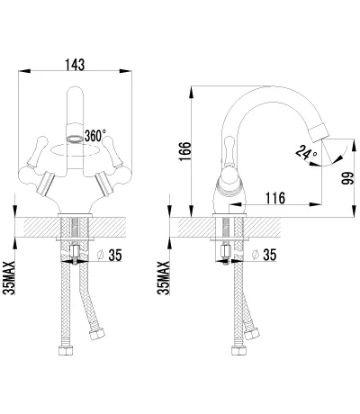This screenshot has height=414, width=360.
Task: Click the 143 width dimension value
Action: coord(75,65)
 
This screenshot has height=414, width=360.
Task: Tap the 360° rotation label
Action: coord(95,136)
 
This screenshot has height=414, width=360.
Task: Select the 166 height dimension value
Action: coord(185,151)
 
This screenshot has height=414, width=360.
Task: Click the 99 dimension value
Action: coord(348,178)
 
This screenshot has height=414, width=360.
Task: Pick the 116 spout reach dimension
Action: coord(275,198)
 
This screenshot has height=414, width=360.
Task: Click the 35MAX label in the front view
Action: coord(9,278)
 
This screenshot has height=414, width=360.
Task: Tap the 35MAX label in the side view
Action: coord(164,278)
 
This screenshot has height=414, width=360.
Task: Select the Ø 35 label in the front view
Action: coord(110,255)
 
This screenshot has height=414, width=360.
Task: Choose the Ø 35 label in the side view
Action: coord(264,255)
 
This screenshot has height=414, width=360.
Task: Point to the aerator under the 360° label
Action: coord(74,139)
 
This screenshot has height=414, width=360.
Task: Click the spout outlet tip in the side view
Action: coord(319,133)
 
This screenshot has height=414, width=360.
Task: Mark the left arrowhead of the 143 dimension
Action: coord(24,71)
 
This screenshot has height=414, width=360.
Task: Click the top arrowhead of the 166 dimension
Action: coord(191,93)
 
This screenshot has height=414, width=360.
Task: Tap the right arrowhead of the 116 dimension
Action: coord(316,204)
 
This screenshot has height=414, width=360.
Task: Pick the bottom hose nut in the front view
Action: coord(66,350)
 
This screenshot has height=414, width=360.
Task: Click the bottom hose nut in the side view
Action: coord(239,350)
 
